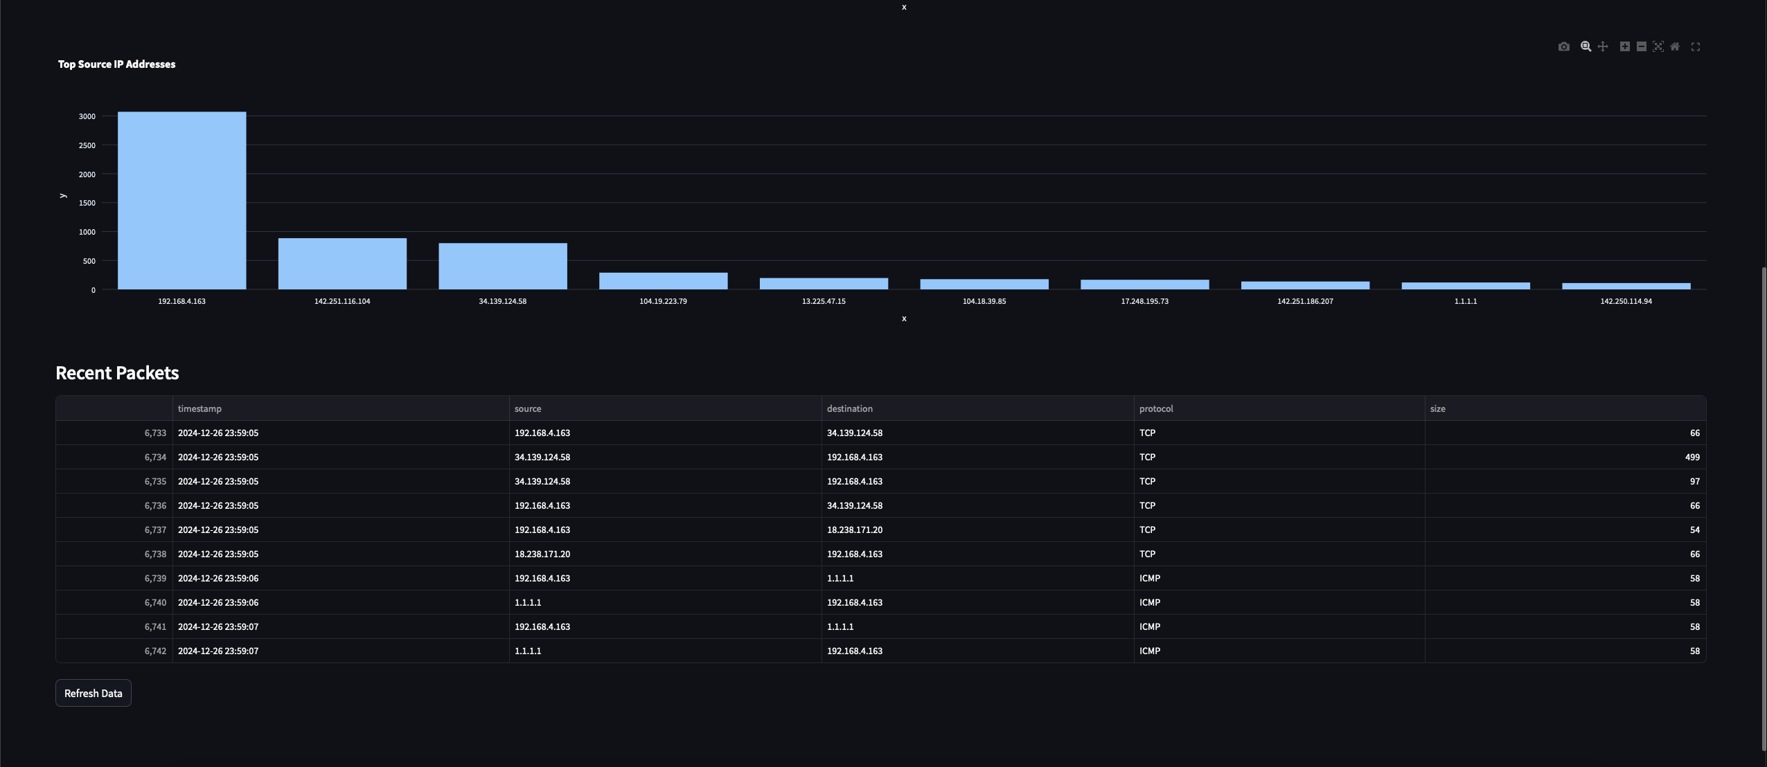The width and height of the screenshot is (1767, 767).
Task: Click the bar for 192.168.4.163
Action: [181, 201]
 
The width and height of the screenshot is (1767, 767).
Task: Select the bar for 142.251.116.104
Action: [342, 264]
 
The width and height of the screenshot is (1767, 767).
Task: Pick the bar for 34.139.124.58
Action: [503, 267]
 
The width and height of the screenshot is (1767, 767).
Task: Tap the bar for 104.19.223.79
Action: [663, 281]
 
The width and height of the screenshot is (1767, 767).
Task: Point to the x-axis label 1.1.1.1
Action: [1466, 301]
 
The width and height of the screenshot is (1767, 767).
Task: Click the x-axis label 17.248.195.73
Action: [1144, 301]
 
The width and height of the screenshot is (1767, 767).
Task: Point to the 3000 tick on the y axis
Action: [87, 116]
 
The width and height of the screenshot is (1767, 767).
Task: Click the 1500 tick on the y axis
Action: [87, 203]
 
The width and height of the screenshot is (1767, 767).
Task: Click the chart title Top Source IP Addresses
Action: [116, 64]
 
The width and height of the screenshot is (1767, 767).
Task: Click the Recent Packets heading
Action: [117, 373]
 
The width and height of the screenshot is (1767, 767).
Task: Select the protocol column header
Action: [1156, 408]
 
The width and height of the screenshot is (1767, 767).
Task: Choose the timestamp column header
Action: [199, 408]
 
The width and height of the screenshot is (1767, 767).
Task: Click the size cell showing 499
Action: [1692, 457]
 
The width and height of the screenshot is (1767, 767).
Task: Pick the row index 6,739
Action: [155, 578]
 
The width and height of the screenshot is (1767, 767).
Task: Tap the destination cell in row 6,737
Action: [855, 530]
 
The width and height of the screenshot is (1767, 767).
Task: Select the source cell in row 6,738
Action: [542, 554]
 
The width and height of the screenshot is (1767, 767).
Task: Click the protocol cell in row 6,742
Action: [1150, 651]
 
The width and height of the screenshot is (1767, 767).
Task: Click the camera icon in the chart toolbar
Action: [1563, 46]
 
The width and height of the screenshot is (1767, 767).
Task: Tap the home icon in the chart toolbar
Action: [1675, 46]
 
